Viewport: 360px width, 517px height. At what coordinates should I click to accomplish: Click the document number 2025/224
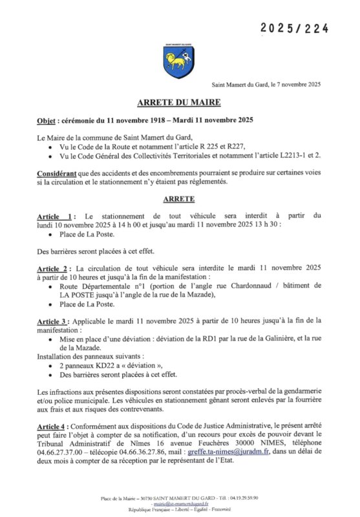[295, 29]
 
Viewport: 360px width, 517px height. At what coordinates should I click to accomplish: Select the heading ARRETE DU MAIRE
[180, 102]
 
